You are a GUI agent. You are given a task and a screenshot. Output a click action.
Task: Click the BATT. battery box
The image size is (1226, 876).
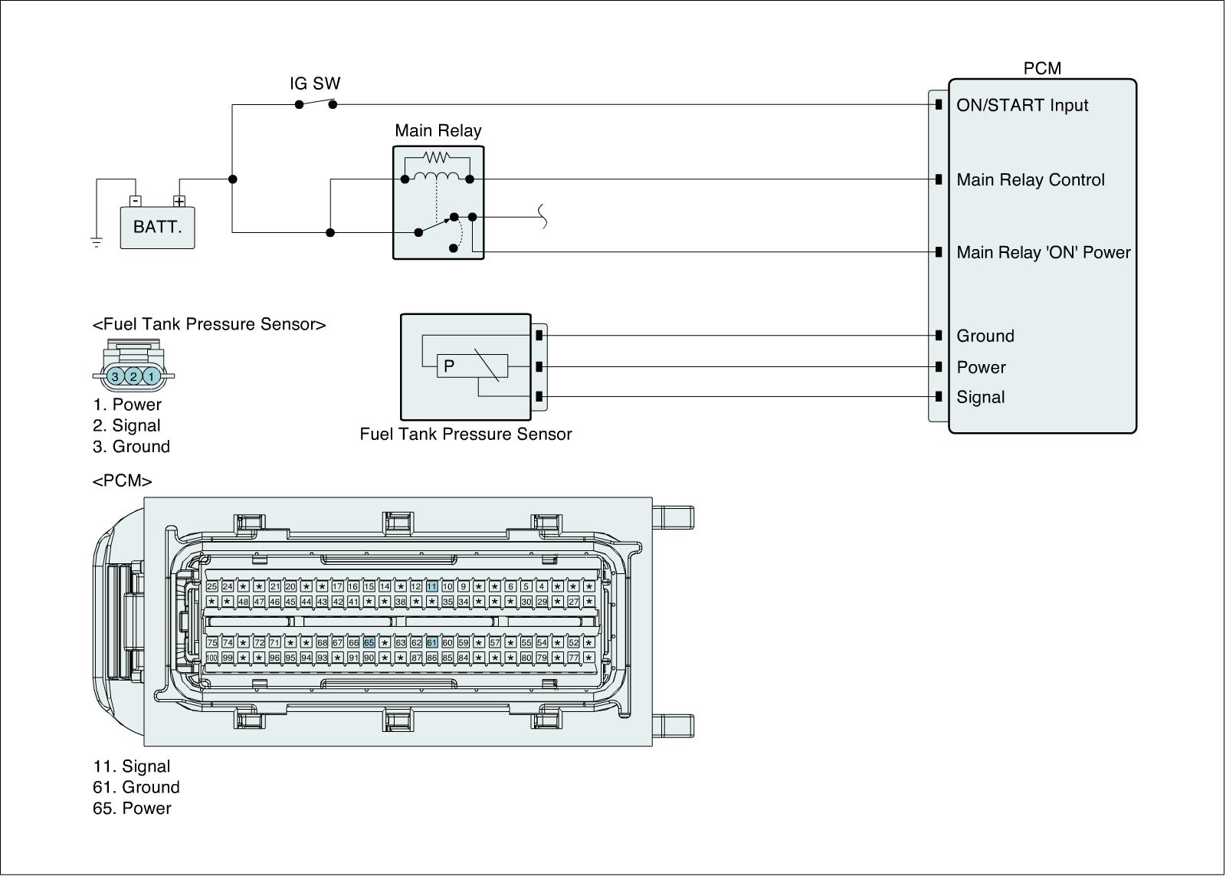tap(157, 228)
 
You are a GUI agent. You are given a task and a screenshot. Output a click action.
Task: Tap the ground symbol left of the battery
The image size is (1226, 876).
tap(97, 242)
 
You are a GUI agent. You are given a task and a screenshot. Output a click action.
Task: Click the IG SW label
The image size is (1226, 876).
tap(315, 84)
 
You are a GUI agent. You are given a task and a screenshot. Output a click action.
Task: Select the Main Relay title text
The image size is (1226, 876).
tap(438, 131)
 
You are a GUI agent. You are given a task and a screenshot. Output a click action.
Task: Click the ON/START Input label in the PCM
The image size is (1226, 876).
tap(1021, 105)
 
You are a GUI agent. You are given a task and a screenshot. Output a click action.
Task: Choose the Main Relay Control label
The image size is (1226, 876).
tap(1030, 180)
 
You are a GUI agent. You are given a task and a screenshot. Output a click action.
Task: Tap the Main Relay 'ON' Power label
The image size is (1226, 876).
tap(1043, 253)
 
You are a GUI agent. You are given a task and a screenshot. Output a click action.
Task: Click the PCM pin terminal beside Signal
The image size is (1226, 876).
tap(939, 397)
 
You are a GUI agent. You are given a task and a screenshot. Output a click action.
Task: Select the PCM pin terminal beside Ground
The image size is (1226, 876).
tap(939, 336)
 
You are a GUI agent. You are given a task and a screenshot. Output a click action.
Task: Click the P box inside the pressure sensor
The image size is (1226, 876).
tap(449, 366)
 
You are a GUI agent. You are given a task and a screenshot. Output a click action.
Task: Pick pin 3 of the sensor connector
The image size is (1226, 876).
tap(115, 376)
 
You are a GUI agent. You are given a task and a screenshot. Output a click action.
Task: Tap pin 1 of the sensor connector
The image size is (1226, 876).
tap(152, 376)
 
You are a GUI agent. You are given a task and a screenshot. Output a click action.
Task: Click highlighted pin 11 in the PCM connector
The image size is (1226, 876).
tap(431, 586)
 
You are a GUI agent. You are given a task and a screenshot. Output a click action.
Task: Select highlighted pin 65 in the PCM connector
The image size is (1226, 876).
tap(369, 642)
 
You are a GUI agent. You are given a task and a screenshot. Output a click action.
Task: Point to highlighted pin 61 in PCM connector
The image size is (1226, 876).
tap(431, 642)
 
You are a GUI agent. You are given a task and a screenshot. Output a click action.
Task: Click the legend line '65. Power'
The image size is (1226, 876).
tap(132, 809)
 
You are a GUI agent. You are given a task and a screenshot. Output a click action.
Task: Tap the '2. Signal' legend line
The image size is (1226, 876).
tap(126, 425)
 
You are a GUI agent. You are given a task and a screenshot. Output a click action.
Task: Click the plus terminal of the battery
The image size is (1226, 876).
tap(179, 202)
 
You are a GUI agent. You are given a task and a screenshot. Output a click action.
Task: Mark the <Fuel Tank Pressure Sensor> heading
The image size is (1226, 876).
tap(209, 324)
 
